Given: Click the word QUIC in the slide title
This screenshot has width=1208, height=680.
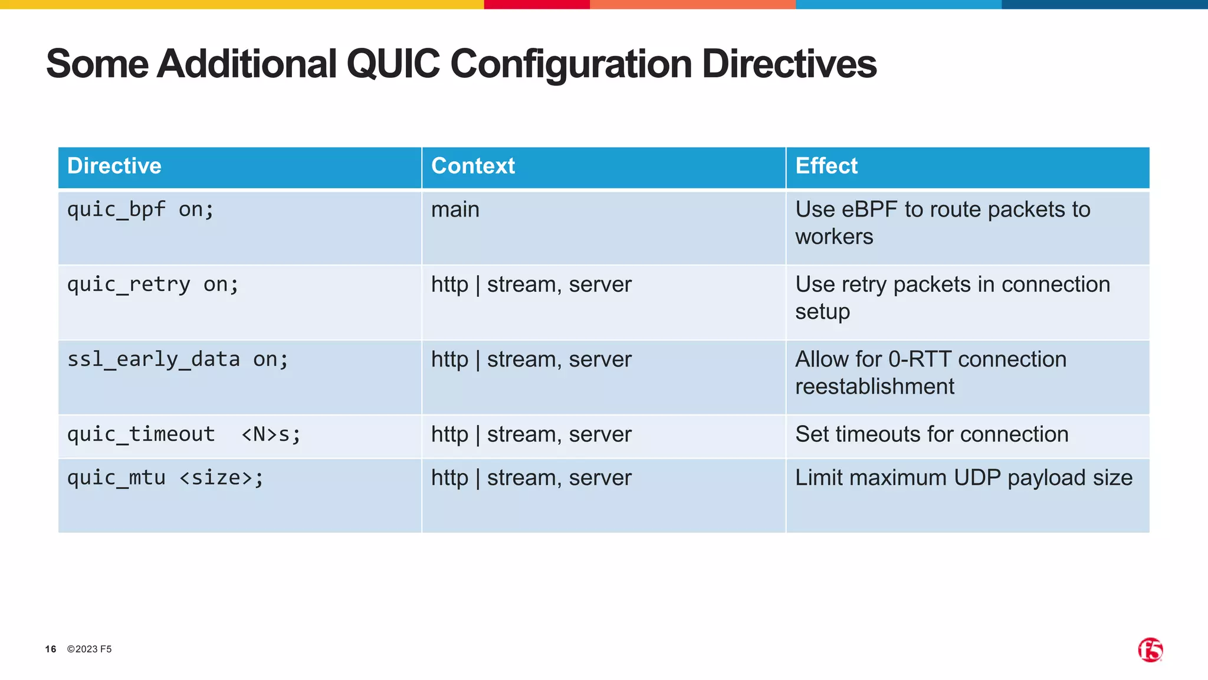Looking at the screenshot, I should point(393,64).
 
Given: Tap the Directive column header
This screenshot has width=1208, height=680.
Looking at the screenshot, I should point(114,166).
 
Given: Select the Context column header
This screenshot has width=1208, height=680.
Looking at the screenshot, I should point(473,166).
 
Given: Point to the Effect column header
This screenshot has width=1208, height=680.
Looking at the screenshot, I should point(826,166).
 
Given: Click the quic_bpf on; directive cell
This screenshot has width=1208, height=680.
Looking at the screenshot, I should point(140,210).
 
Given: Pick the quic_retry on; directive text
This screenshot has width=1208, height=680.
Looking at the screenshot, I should point(153,285).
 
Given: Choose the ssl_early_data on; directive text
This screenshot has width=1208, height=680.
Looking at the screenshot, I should point(178,359).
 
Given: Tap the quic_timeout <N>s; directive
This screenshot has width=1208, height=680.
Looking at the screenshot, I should point(183,434).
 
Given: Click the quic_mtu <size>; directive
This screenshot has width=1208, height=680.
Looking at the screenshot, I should point(165,478).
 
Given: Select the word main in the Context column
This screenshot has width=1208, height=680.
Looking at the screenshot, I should point(455,210).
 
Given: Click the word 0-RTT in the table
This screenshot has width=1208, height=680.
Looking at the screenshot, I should point(920,359).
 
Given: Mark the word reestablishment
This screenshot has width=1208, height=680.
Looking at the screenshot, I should point(874,387).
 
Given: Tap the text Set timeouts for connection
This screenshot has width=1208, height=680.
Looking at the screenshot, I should point(931,434).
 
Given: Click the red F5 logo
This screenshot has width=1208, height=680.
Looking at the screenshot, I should point(1150,650).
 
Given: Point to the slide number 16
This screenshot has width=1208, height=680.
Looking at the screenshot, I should point(51,649).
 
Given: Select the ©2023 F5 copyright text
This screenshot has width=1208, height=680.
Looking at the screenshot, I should point(89,649).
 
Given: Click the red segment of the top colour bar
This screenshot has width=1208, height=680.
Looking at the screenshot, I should point(536,4).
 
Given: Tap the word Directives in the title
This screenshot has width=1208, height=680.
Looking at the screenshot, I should point(789,64).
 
